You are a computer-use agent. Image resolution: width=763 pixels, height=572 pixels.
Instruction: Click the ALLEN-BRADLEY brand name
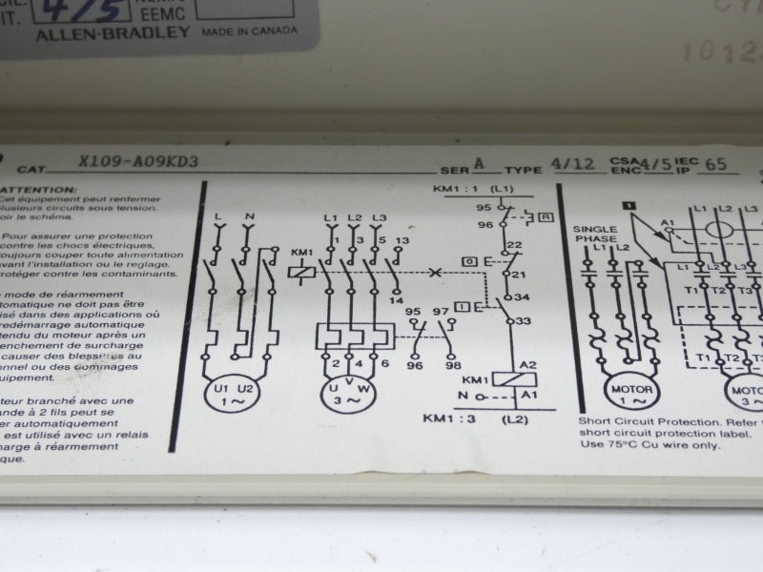(112, 32)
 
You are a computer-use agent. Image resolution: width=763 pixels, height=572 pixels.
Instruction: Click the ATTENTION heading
(38, 190)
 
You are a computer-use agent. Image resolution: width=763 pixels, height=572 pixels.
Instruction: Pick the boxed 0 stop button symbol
(469, 260)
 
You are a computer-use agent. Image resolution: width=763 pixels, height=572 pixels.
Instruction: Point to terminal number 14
(397, 300)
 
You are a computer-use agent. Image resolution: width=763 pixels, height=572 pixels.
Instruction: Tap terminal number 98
(452, 365)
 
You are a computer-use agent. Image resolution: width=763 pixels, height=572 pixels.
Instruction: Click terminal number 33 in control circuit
(523, 321)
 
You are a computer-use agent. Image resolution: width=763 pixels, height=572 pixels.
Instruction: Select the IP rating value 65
(715, 164)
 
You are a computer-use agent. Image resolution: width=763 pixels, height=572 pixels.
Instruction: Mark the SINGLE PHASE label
(595, 235)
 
